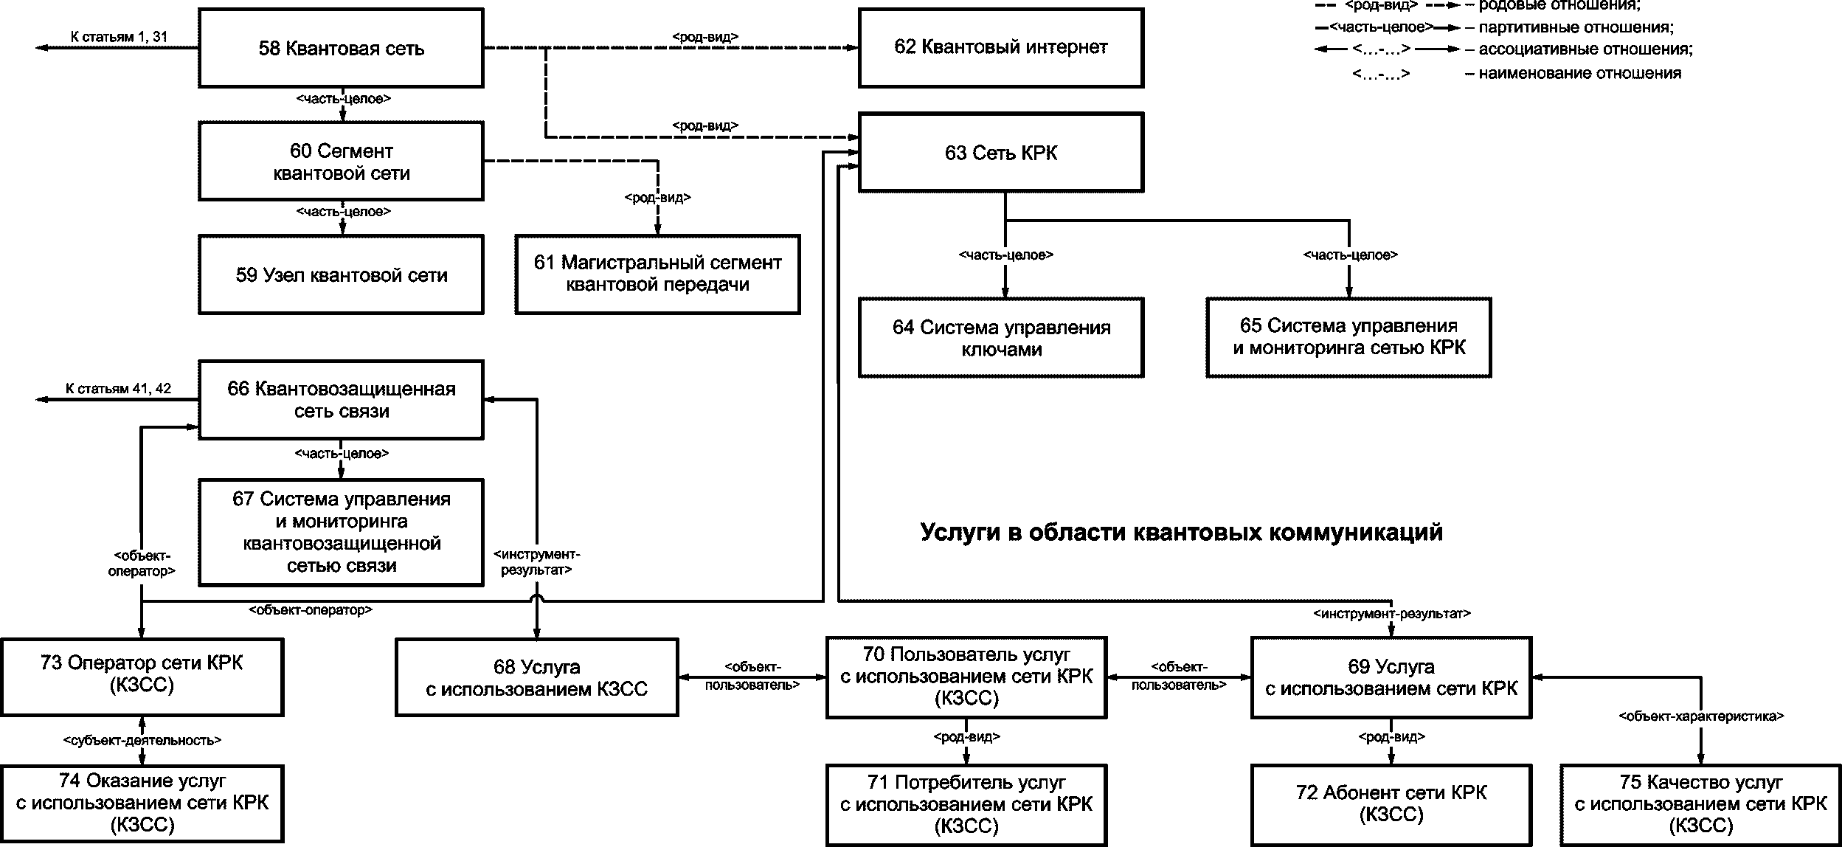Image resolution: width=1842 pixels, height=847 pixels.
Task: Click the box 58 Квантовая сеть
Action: point(341,49)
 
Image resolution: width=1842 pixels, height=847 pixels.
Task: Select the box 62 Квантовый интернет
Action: point(1000,48)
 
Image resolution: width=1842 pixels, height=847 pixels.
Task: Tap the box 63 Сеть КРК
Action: point(1000,153)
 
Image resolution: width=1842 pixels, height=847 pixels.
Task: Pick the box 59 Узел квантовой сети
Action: point(341,275)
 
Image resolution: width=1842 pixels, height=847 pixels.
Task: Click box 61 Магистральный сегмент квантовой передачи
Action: point(657,274)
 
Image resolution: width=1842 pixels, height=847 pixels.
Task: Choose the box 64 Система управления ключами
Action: point(1000,338)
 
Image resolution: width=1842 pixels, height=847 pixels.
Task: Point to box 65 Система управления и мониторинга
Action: point(1348,337)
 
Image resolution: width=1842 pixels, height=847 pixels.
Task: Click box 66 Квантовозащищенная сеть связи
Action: point(341,400)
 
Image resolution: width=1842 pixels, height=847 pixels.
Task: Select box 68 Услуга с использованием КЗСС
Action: point(536,678)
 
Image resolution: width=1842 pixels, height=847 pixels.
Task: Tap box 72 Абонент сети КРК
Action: point(1391,803)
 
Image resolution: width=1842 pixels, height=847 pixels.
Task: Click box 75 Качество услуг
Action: point(1700,803)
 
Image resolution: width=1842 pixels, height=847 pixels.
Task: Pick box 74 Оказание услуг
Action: point(142,803)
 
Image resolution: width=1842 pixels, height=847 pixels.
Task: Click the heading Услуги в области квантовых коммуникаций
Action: point(1181,532)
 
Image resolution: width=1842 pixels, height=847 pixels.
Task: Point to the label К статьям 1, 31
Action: point(119,36)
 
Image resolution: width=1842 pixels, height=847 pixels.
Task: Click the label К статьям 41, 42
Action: point(118,389)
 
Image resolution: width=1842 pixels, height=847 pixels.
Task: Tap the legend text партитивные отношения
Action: point(1576,28)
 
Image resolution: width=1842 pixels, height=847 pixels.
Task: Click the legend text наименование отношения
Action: point(1579,74)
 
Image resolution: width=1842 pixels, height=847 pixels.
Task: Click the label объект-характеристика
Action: point(1701,716)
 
